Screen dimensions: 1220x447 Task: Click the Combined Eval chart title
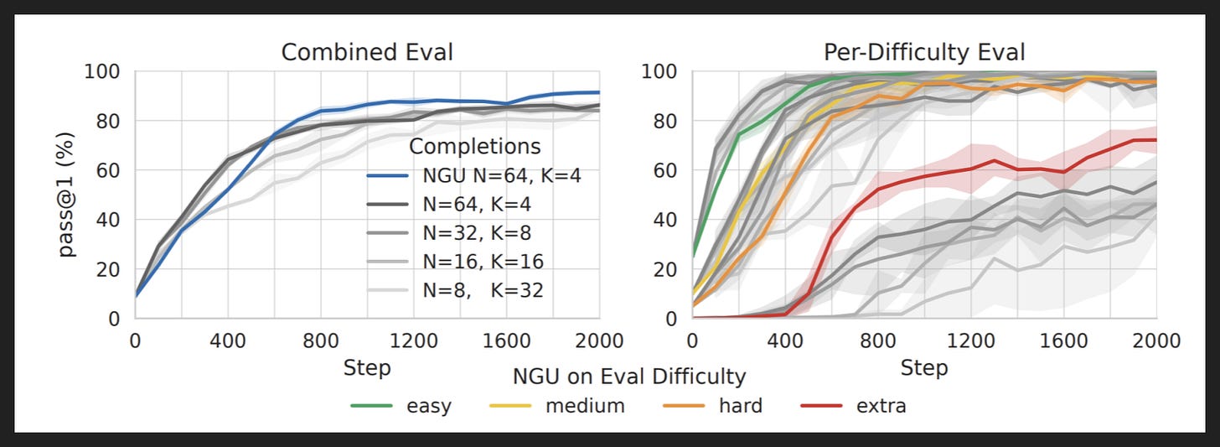click(367, 52)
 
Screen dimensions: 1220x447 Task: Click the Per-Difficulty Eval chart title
click(924, 52)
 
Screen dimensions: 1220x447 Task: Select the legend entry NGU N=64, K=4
click(474, 175)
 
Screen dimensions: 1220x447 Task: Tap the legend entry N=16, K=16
click(455, 262)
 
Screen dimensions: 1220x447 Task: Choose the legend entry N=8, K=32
click(455, 290)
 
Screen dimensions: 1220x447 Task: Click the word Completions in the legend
click(475, 146)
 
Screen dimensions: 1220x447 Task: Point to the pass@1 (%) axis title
click(65, 195)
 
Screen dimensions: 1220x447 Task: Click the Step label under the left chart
click(367, 368)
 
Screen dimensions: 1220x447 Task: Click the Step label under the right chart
click(924, 368)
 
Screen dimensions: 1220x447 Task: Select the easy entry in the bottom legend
click(401, 406)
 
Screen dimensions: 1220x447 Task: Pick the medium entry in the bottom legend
click(557, 406)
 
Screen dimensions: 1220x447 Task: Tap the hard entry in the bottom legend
click(713, 406)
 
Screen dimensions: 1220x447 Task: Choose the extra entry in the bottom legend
click(854, 406)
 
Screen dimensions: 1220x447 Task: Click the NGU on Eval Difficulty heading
click(629, 377)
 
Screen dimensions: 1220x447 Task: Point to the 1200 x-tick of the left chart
click(413, 341)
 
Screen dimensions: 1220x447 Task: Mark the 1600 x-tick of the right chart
click(1063, 341)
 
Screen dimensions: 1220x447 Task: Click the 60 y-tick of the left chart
click(108, 170)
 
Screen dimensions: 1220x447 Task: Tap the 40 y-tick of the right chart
click(665, 221)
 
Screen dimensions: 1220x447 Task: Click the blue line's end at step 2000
click(599, 92)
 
